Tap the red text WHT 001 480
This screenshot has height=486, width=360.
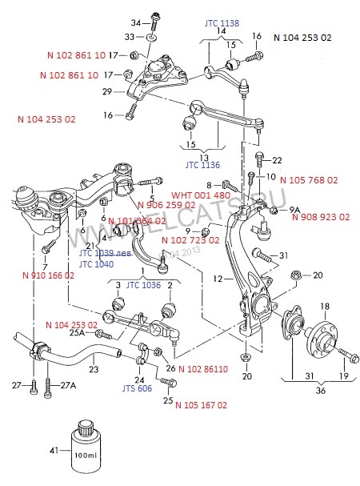[201, 195]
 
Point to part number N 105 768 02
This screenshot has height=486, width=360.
[309, 181]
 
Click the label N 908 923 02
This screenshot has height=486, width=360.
[320, 217]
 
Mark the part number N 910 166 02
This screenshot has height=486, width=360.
[49, 275]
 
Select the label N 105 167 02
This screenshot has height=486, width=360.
[201, 405]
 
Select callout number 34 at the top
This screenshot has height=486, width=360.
[135, 22]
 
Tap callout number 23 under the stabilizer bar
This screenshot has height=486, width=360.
[94, 370]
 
